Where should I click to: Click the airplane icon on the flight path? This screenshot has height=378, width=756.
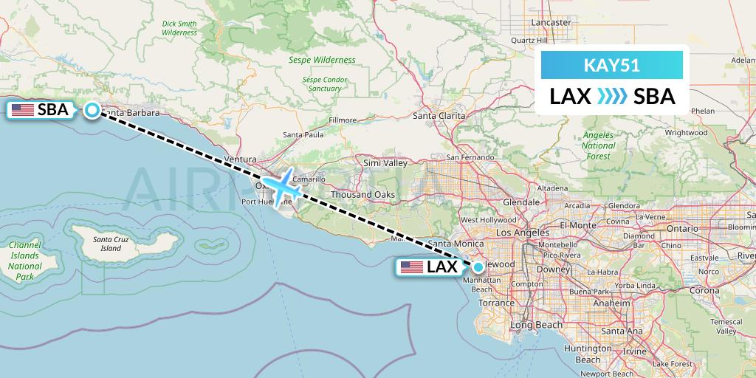coord(281,187)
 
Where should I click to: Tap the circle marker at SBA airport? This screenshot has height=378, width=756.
coord(92,110)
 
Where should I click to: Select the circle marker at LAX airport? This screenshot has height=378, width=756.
coord(478,267)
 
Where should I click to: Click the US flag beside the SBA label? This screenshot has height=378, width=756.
coord(23,111)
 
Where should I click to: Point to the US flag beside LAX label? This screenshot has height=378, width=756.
coord(412,267)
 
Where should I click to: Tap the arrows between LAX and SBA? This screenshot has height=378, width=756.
coord(611,97)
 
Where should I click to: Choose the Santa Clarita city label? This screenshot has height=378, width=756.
coord(439,116)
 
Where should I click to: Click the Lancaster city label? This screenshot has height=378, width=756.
coord(551,22)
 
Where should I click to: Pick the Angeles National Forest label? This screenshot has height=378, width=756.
coord(598,145)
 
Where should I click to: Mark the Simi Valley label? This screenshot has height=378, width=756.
coord(385,162)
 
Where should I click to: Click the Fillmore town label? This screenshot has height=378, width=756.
coord(343,120)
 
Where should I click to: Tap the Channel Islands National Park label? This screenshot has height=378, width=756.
coord(25,261)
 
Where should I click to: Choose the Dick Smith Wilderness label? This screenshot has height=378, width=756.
coord(179,28)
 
